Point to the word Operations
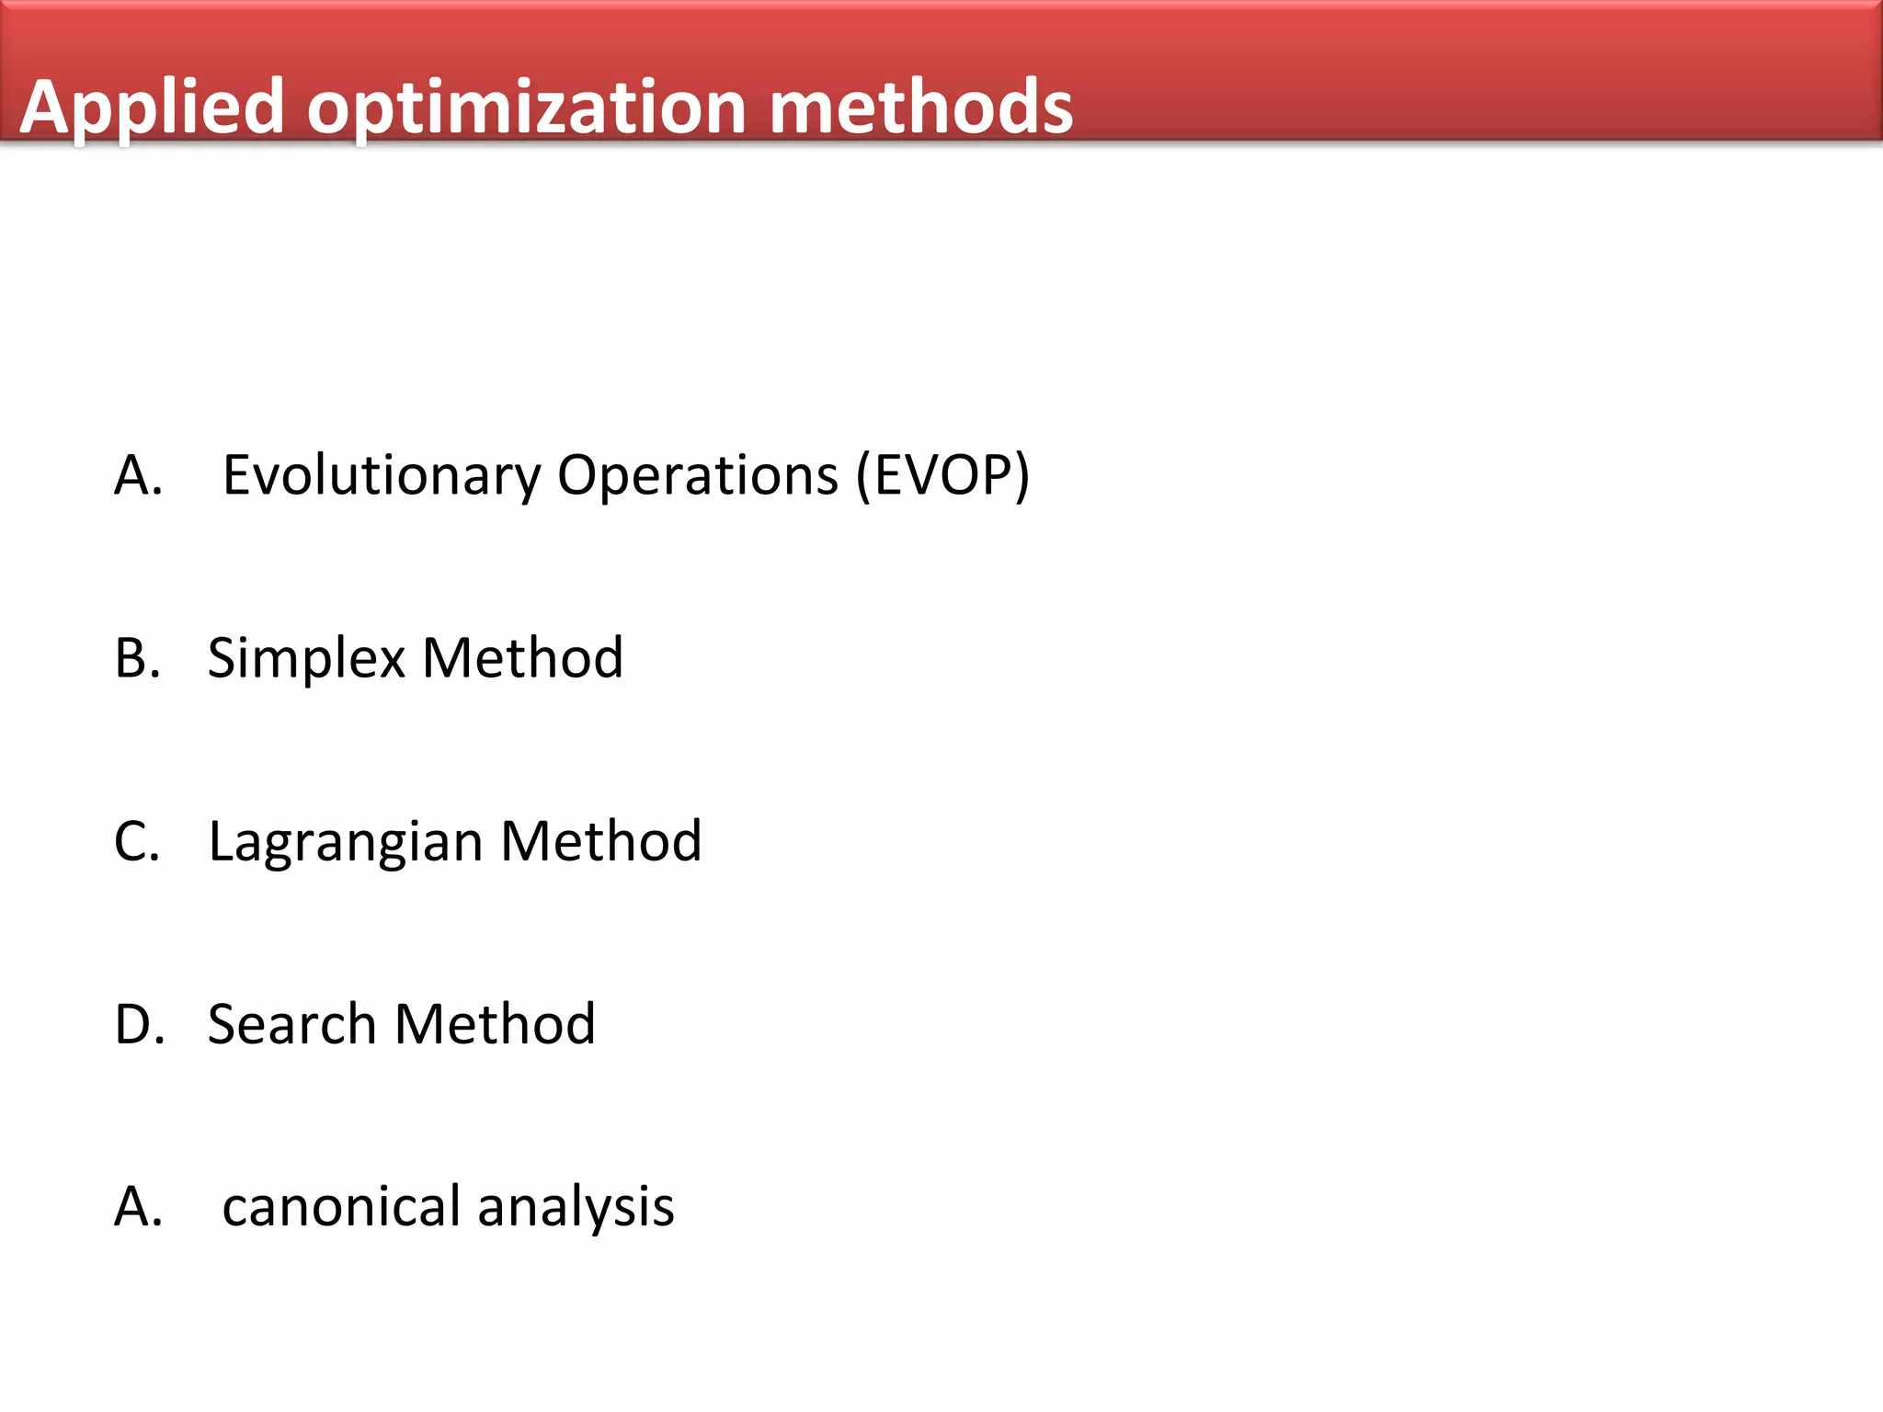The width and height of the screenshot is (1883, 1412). [x=698, y=476]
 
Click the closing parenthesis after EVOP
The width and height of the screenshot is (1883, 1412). [x=1021, y=476]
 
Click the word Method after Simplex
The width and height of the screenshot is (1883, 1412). [x=522, y=658]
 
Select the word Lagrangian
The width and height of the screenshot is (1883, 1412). [x=346, y=843]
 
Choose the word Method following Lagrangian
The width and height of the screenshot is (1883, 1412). [x=601, y=841]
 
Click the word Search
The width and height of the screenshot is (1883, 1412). [x=291, y=1024]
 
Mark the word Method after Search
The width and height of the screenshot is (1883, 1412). [x=495, y=1024]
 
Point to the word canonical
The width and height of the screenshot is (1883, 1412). [x=341, y=1206]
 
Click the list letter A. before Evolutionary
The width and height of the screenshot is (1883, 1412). [x=138, y=476]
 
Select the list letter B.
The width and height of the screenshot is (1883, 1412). [x=137, y=658]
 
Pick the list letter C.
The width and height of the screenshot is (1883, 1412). [x=137, y=841]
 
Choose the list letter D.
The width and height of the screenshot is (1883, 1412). [x=140, y=1024]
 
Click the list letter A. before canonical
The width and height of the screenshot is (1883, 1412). [x=138, y=1206]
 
